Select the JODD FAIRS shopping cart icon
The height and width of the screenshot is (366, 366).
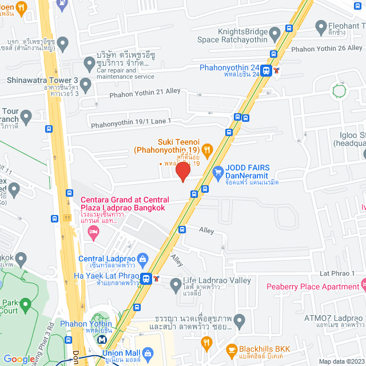point(217,171)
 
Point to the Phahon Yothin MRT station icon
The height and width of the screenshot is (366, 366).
point(102,339)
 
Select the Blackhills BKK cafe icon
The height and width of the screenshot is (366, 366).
point(232,349)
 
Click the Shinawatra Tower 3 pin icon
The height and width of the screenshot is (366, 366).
point(86,85)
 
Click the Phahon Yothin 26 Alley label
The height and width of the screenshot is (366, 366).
point(327,49)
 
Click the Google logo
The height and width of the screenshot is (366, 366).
point(19,359)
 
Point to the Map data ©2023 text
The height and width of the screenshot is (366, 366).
point(340,361)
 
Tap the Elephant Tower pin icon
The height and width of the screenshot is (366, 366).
point(320,26)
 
